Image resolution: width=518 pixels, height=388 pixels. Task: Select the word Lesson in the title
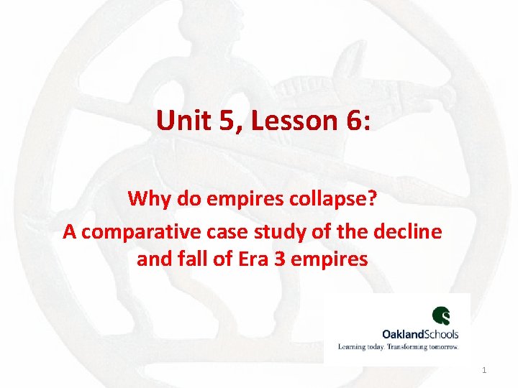pos(284,120)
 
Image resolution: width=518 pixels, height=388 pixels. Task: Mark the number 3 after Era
pos(277,258)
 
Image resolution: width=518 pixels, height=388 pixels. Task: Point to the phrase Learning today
pos(362,346)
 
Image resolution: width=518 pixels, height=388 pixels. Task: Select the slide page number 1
pos(484,370)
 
